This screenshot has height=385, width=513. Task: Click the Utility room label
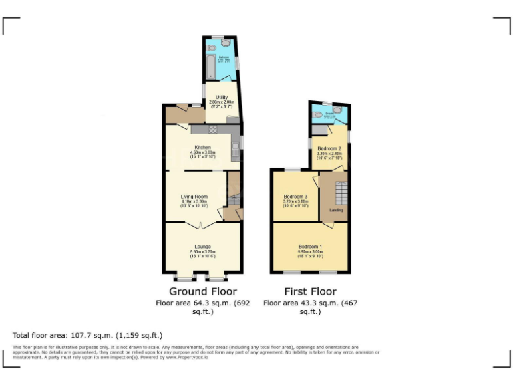point(220,97)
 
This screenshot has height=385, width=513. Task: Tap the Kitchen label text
point(202,148)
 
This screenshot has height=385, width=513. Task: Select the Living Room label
point(194,196)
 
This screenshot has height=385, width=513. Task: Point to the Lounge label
point(202,246)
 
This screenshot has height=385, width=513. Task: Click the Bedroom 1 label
point(309,246)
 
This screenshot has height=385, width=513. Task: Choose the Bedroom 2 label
point(329,148)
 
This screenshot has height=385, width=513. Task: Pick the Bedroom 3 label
point(295,196)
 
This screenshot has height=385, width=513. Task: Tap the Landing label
point(336,210)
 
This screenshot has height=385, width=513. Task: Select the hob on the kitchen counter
point(213,129)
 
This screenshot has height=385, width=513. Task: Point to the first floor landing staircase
point(340,194)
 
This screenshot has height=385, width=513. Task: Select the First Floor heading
point(310,291)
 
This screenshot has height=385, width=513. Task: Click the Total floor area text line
point(88,335)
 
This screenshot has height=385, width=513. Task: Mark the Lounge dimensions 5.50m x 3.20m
point(202,251)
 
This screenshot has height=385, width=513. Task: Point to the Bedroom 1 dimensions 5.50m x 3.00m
point(309,251)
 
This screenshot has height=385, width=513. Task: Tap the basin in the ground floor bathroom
point(224,43)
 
